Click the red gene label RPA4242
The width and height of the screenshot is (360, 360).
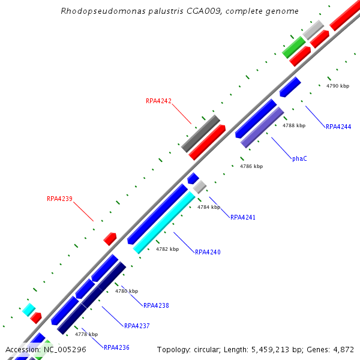tap(158, 101)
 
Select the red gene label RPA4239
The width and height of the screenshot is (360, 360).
tap(59, 199)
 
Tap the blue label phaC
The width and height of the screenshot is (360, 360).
tap(299, 159)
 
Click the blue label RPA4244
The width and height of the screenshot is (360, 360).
tap(338, 127)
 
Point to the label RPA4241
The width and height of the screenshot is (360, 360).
tap(243, 217)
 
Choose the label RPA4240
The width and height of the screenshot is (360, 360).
tap(208, 252)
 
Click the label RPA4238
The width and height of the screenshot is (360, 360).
tap(156, 305)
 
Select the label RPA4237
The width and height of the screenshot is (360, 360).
tap(137, 326)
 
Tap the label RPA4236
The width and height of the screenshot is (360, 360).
tap(116, 347)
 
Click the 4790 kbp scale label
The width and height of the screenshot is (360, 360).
tap(338, 86)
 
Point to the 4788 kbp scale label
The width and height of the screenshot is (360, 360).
tap(294, 125)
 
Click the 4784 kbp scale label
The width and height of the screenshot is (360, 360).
tap(209, 207)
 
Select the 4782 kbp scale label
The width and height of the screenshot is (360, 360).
tap(167, 248)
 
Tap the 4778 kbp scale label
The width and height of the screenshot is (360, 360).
tap(86, 334)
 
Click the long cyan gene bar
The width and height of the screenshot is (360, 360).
tap(164, 223)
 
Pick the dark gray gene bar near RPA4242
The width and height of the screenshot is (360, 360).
tap(201, 133)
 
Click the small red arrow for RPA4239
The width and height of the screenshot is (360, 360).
tap(110, 239)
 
